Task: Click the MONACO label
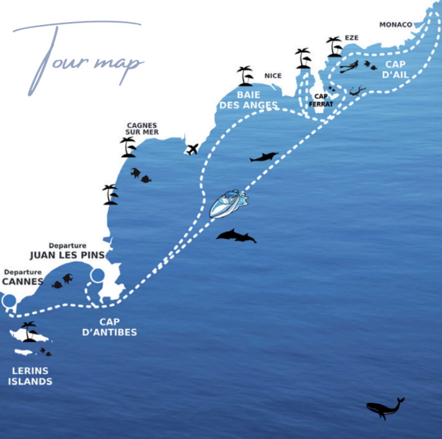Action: click(x=396, y=25)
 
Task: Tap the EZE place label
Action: click(x=351, y=38)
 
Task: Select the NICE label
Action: click(x=273, y=76)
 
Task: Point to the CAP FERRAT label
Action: click(x=321, y=100)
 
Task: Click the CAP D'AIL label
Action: click(x=395, y=70)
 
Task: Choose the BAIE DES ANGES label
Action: click(x=248, y=100)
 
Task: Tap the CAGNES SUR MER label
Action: click(x=142, y=129)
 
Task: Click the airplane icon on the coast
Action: click(x=192, y=149)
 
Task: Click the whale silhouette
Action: click(x=385, y=408)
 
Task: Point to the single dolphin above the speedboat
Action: click(x=264, y=157)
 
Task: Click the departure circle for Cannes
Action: click(x=9, y=301)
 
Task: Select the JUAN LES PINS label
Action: click(x=67, y=256)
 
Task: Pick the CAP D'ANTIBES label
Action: click(x=110, y=327)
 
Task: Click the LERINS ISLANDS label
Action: click(x=30, y=376)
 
